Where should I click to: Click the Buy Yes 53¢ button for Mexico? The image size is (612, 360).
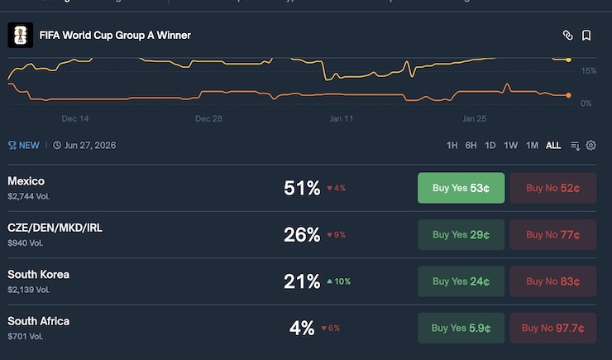(461, 188)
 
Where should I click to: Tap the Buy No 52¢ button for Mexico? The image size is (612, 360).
(552, 188)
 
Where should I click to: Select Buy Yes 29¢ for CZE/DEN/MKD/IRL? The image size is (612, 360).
(461, 235)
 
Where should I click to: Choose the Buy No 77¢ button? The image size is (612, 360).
(552, 235)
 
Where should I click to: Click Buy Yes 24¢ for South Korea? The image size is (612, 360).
(461, 281)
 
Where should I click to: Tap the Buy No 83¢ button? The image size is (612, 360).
(552, 281)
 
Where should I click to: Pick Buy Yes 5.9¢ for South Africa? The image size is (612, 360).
(461, 328)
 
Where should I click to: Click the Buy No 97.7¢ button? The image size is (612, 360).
(552, 328)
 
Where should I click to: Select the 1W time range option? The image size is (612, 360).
(511, 146)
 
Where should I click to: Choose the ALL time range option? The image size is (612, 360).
(553, 146)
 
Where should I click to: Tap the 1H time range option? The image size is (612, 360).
(452, 146)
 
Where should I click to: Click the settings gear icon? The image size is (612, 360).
(591, 146)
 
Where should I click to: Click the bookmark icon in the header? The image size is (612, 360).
(586, 36)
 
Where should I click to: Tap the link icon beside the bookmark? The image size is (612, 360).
(568, 36)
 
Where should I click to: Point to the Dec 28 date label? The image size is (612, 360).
(208, 118)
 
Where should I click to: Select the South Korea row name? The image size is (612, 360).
(38, 274)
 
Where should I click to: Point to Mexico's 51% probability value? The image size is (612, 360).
(302, 188)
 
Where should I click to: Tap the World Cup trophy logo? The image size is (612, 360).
(19, 36)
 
